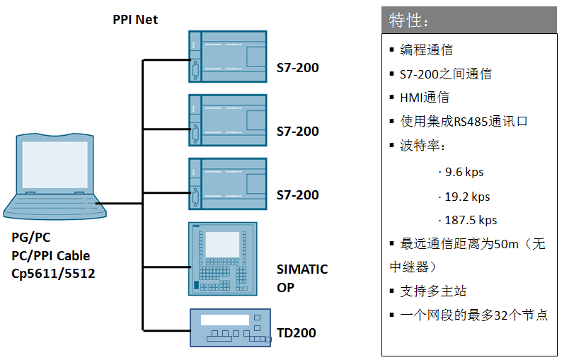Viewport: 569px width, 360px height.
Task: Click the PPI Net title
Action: point(135,20)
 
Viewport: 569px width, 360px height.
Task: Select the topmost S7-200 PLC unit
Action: point(227,57)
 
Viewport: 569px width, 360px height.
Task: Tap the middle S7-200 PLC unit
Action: point(227,121)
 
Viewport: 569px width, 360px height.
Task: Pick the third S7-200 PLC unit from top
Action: point(227,184)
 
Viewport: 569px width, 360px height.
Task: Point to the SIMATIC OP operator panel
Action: point(222,258)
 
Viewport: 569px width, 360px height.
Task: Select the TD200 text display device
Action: point(230,327)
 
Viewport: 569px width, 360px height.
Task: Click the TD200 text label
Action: point(297,333)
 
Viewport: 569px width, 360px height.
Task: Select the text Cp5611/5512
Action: point(53,274)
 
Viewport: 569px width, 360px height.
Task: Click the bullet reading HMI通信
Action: point(424,98)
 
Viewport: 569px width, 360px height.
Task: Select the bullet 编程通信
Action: point(426,50)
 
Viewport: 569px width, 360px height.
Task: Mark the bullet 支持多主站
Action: point(433,291)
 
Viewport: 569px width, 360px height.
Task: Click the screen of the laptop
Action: point(54,165)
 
